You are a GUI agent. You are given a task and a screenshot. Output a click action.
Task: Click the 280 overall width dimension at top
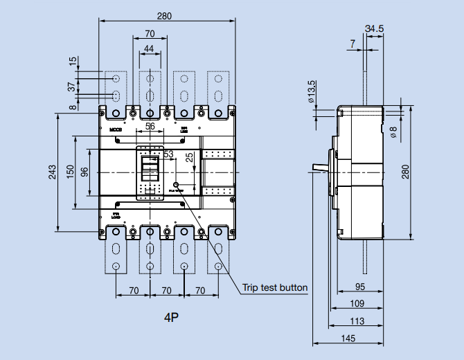click(166, 15)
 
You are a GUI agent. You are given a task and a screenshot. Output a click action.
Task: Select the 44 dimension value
click(150, 48)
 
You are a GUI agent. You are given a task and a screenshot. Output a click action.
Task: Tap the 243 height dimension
click(53, 173)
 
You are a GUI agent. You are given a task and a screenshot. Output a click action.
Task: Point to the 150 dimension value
click(70, 172)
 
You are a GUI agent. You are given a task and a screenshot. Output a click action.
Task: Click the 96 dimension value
click(84, 172)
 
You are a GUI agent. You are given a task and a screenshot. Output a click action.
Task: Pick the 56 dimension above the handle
click(150, 127)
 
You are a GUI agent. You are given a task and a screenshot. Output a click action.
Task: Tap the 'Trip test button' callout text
click(275, 287)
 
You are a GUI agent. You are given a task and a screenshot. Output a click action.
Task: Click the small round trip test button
click(177, 186)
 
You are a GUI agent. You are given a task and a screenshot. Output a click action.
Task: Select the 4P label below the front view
click(172, 318)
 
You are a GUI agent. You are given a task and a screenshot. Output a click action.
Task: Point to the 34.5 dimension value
click(373, 28)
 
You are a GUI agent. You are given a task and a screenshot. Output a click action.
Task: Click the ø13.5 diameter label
click(312, 91)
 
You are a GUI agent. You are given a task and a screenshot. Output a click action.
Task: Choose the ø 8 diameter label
click(393, 132)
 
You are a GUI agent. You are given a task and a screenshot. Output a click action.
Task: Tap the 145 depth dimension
click(348, 339)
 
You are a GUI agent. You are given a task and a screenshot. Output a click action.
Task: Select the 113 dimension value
click(357, 321)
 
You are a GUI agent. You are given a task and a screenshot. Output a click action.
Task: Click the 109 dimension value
click(357, 304)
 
